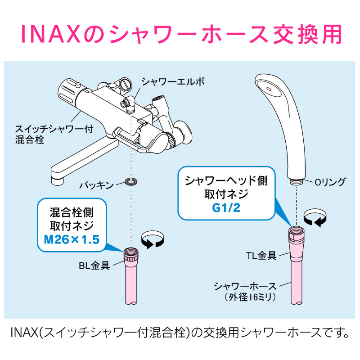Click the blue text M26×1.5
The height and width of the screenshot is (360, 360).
(x=72, y=240)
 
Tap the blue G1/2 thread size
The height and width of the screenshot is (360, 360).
(x=226, y=208)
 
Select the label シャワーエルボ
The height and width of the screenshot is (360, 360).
(x=173, y=82)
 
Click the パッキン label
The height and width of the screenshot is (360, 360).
(x=96, y=185)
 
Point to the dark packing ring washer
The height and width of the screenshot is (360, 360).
(x=131, y=181)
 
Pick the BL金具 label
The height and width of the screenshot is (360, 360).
(x=94, y=265)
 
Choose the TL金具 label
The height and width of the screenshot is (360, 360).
(x=261, y=256)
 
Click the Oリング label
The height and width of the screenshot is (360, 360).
(x=330, y=182)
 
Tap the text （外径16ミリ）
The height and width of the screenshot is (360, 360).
(x=250, y=297)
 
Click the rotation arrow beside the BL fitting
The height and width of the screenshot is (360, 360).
(x=153, y=239)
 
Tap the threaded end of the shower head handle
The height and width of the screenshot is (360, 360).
(x=297, y=181)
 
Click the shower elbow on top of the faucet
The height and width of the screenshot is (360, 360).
(x=129, y=103)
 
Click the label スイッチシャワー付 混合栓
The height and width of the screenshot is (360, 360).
(x=54, y=134)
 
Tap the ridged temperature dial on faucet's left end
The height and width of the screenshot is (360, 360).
(x=67, y=91)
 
